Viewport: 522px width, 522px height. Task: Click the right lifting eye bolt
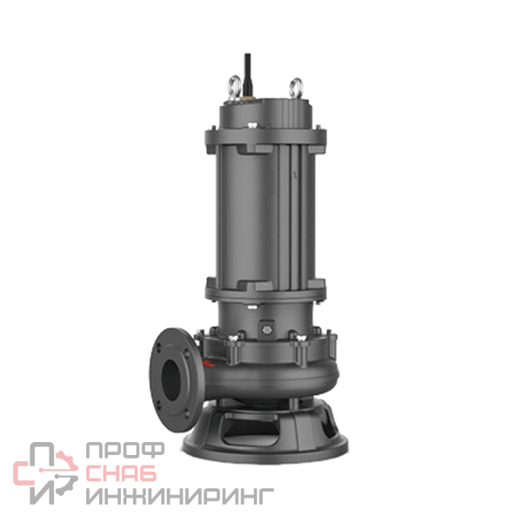click(x=296, y=86)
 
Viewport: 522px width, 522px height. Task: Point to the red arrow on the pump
click(x=208, y=363)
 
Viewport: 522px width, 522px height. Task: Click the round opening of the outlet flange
click(x=172, y=380)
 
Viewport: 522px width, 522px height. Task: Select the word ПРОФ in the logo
click(x=124, y=451)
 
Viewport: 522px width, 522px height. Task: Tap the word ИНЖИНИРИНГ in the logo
click(x=180, y=496)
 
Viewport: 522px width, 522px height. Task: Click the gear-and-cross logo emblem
click(x=45, y=473)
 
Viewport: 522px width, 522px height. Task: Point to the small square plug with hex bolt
click(x=266, y=329)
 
